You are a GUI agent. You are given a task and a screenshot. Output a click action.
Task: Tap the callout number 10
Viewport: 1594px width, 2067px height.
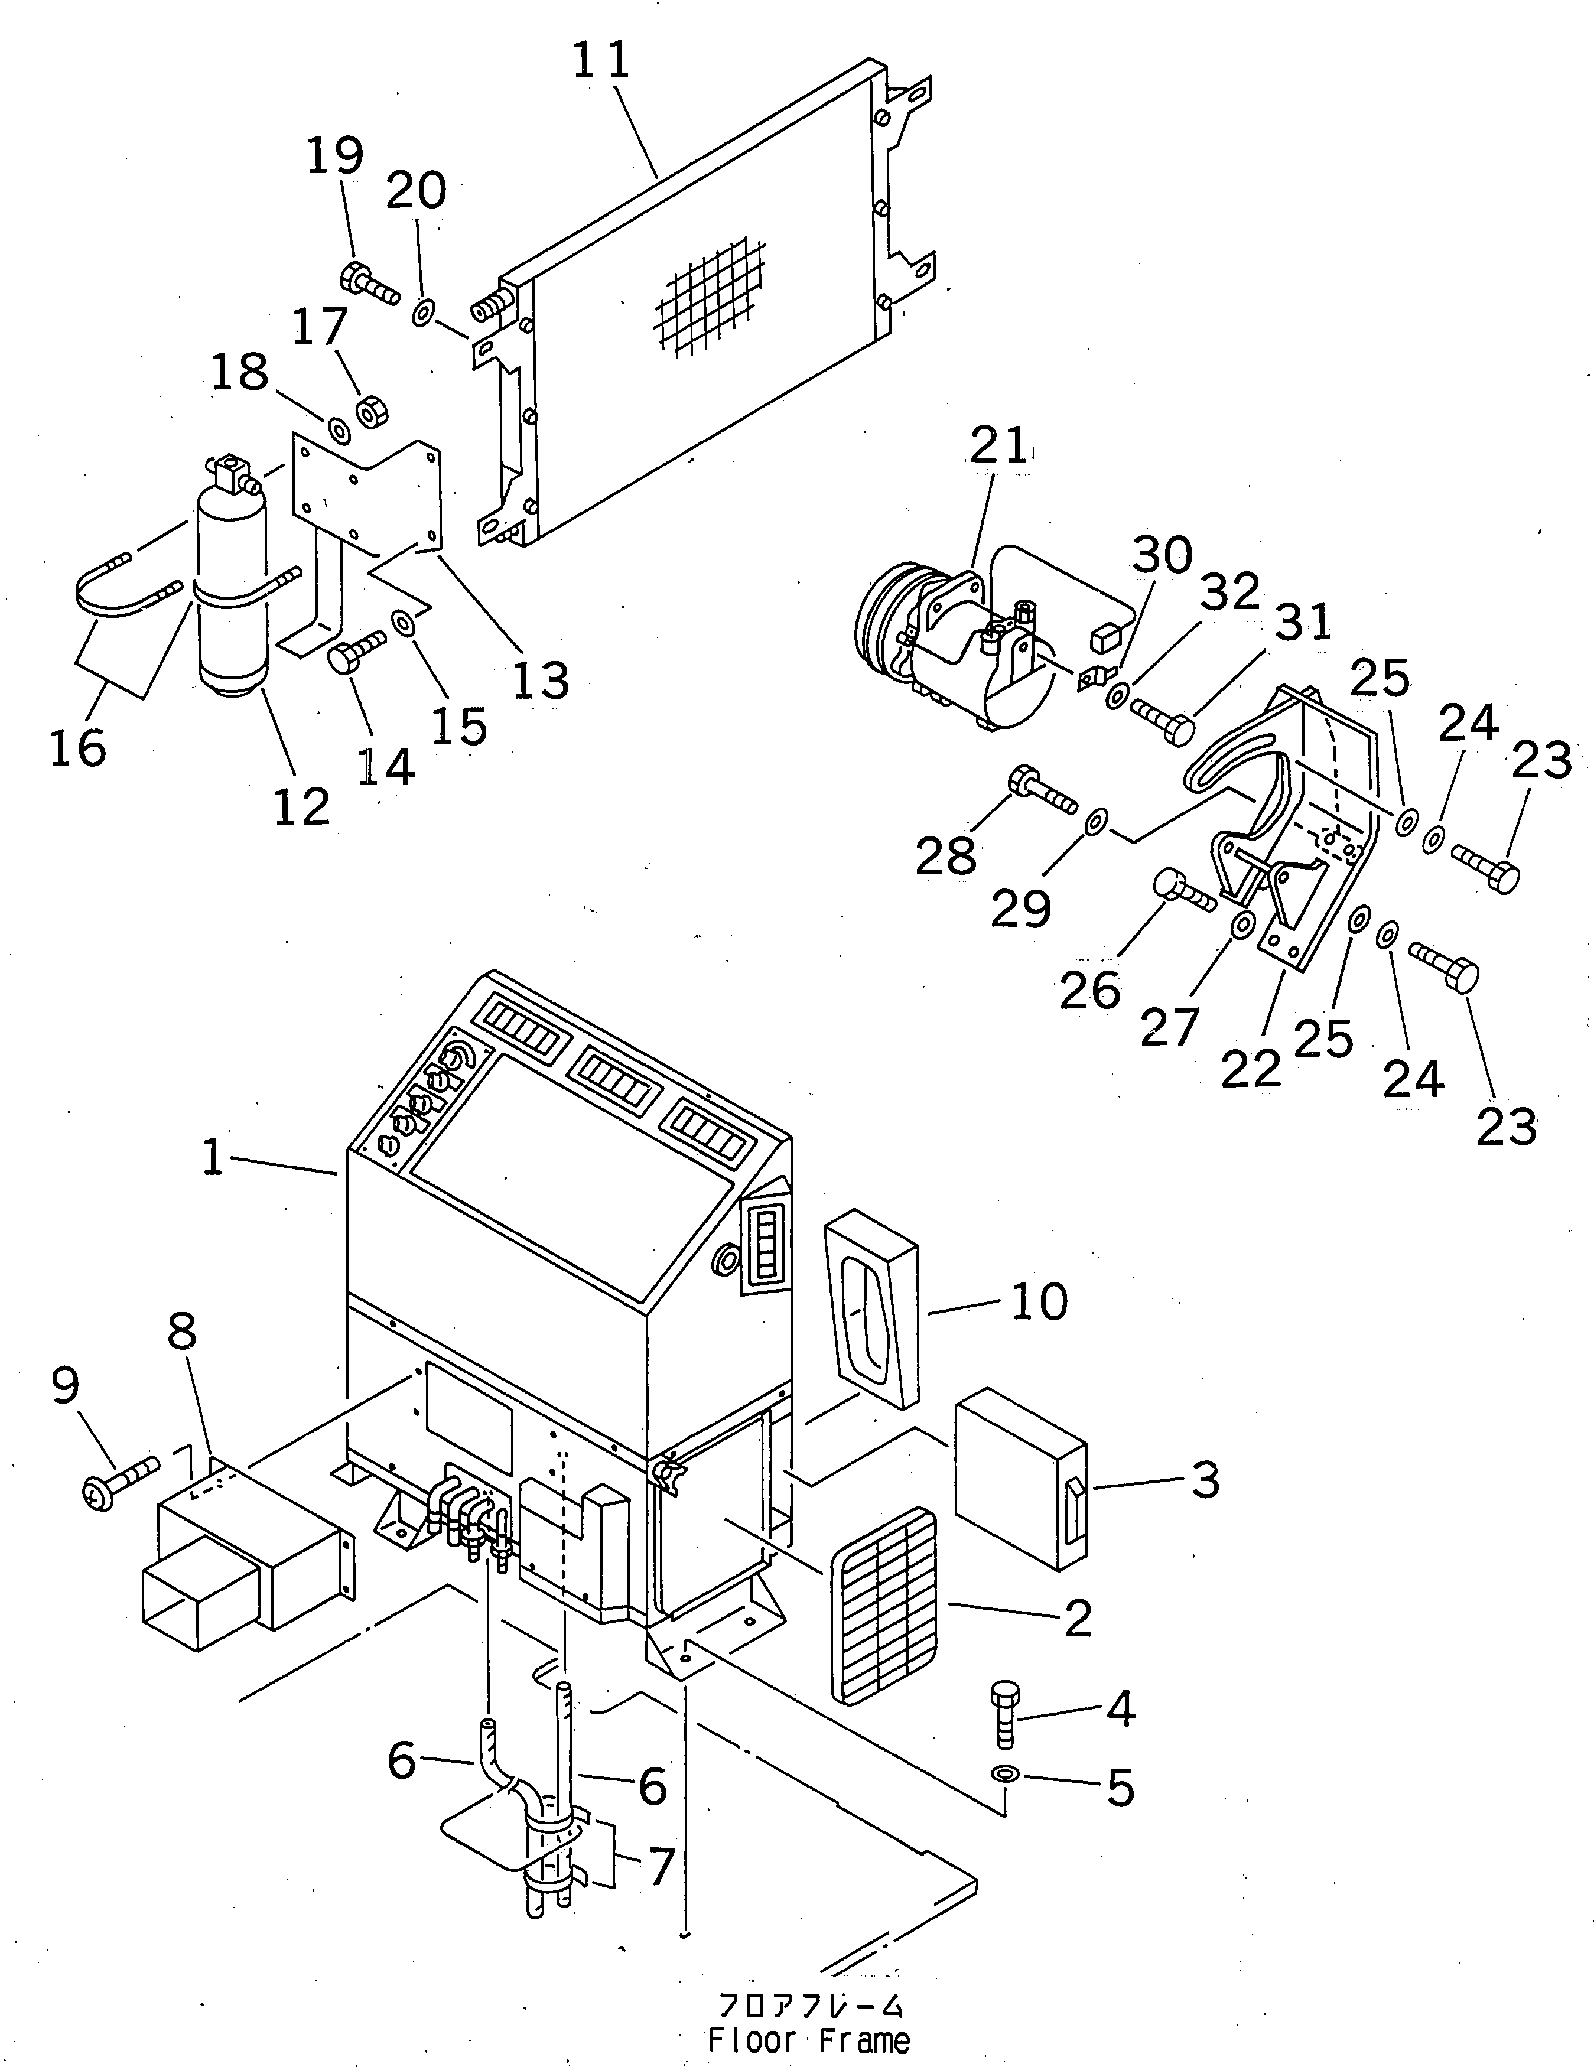tap(1039, 1302)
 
